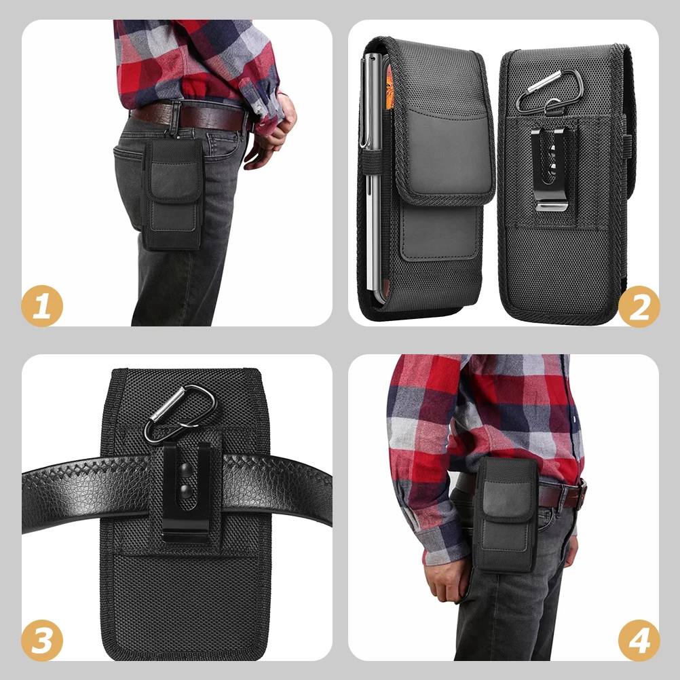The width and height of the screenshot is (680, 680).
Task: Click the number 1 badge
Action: [42, 307]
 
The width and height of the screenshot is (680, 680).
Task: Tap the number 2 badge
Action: [639, 307]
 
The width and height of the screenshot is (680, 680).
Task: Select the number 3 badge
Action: [42, 640]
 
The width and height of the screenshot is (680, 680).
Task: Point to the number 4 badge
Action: [639, 640]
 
